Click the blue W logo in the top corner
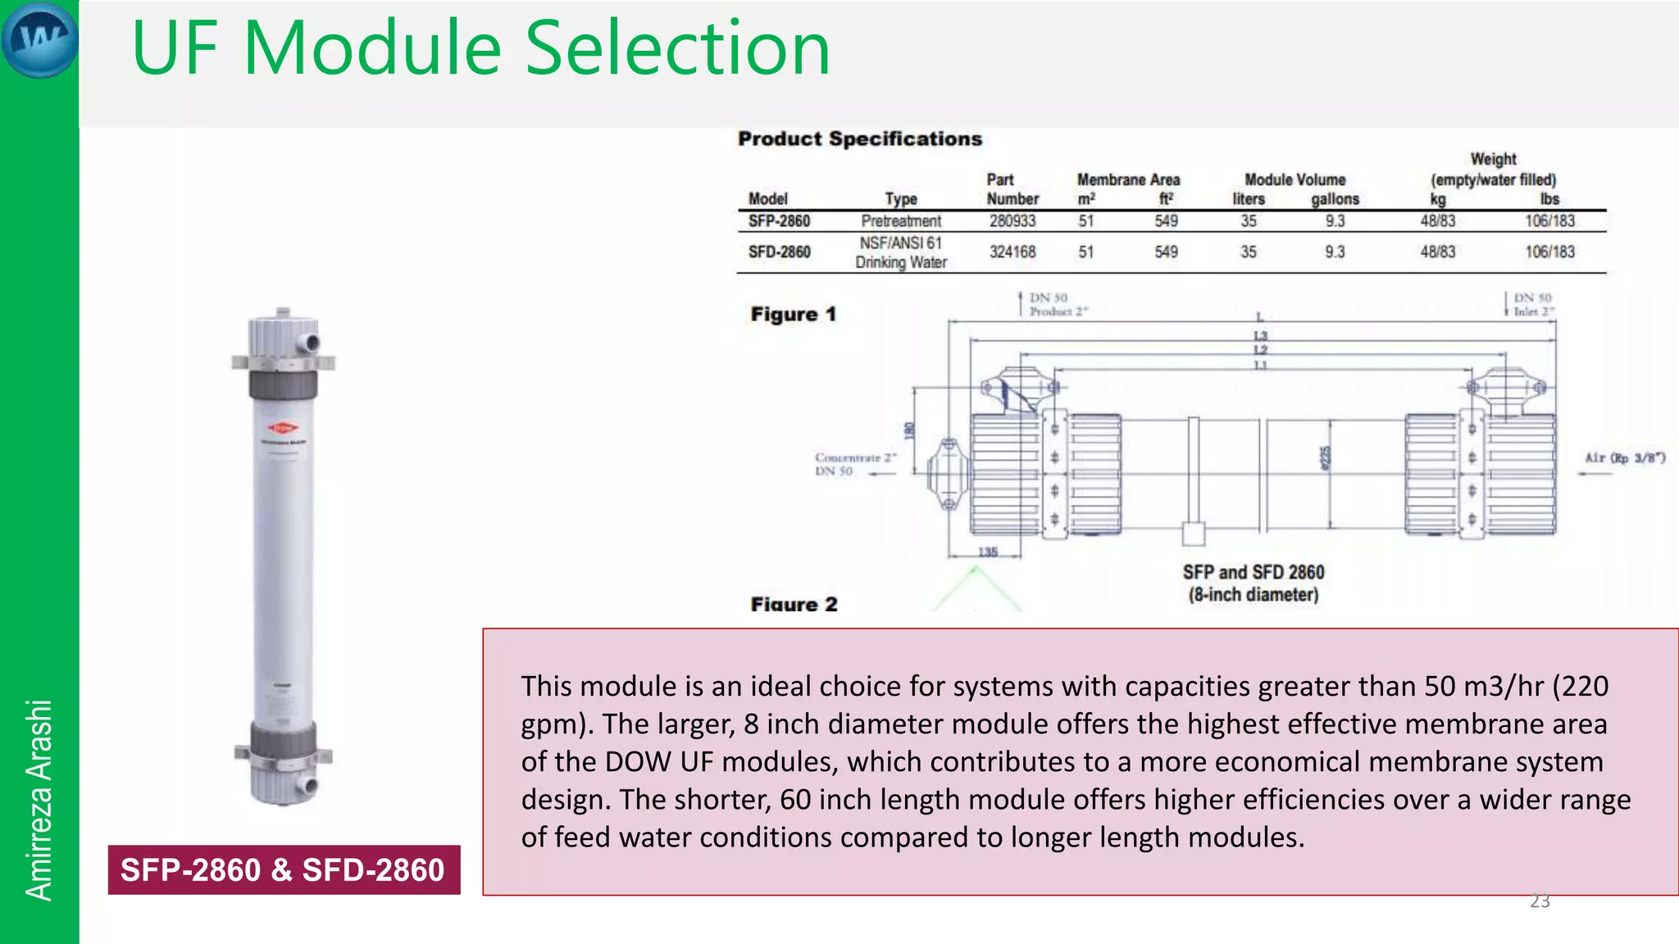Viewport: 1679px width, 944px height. point(39,39)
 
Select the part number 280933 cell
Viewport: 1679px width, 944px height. point(1012,221)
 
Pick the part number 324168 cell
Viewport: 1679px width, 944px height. point(1012,252)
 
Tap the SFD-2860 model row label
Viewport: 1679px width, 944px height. point(779,252)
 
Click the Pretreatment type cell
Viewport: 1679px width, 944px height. point(900,221)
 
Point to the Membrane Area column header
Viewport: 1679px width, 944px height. point(1128,179)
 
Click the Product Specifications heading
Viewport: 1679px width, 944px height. point(859,138)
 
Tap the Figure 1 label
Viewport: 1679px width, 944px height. point(793,315)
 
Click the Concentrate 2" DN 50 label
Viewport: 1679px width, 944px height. point(855,464)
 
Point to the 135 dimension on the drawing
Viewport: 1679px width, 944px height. point(988,552)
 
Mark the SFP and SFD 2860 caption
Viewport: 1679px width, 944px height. point(1253,583)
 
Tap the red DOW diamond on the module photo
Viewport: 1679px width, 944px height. point(283,428)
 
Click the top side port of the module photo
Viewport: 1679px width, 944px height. point(310,341)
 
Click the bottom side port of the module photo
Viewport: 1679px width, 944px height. point(307,785)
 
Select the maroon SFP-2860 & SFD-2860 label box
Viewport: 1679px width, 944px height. point(284,869)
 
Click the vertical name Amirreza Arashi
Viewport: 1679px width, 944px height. point(39,800)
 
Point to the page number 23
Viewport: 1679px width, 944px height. point(1540,901)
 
